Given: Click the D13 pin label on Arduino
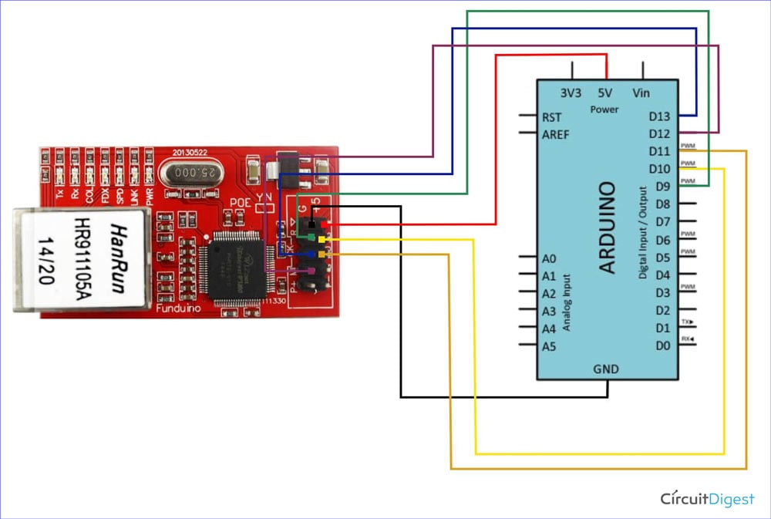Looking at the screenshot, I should click(659, 117).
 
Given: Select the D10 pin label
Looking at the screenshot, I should click(659, 169).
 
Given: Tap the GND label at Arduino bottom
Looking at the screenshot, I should click(606, 369).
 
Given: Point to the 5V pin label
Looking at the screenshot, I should click(604, 93).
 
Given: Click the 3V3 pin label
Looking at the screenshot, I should click(571, 93).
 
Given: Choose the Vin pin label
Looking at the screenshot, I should click(641, 93).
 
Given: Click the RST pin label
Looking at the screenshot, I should click(552, 118).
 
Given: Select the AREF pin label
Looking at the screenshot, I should click(556, 133).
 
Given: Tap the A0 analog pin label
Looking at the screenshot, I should click(548, 258).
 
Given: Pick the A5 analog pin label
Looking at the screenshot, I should click(548, 347).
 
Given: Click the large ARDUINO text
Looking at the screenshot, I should click(608, 227).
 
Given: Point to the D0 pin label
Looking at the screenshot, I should click(662, 346).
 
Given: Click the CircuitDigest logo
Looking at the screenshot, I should click(707, 499).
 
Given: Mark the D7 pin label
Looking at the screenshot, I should click(662, 222).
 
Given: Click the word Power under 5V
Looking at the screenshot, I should click(604, 110).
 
